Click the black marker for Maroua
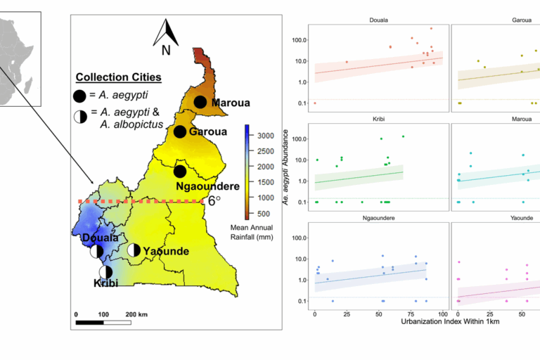tap(200, 103)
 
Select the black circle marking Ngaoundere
tap(180, 171)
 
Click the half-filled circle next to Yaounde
tap(134, 250)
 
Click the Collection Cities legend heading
tap(118, 77)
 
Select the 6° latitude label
tap(214, 200)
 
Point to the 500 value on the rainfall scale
tap(264, 213)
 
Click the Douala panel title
tap(379, 20)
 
